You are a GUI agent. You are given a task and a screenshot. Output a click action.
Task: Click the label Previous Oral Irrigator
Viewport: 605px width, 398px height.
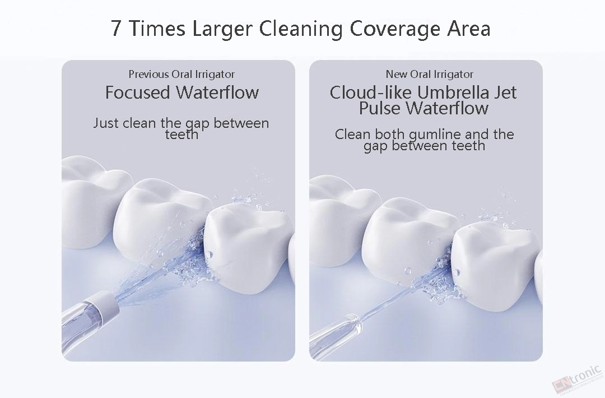coord(182,74)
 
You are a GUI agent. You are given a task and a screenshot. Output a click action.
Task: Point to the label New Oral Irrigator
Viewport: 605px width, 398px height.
coord(430,74)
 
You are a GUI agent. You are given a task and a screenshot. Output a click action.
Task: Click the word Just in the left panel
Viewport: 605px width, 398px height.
coord(106,123)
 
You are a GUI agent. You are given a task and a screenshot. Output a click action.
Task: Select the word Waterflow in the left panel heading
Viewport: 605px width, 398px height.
coord(217,92)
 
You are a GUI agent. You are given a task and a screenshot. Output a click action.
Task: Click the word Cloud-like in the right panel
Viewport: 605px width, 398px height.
coord(371,92)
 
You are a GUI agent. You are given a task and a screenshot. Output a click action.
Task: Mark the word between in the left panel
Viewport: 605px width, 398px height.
coord(241,123)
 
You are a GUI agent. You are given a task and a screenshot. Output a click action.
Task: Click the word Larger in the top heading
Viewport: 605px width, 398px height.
coord(222,29)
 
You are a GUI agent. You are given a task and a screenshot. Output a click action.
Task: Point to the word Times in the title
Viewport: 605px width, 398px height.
coord(156,29)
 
